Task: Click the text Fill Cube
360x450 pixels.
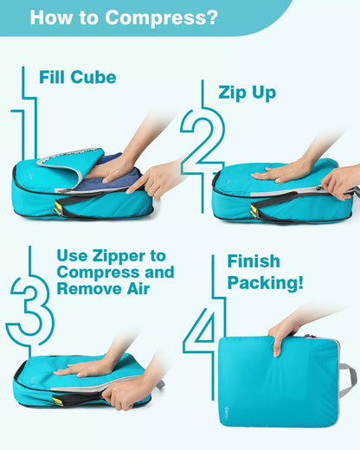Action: pos(77,77)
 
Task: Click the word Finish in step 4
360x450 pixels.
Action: pos(254,261)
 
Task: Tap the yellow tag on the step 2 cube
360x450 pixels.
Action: pos(254,210)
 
